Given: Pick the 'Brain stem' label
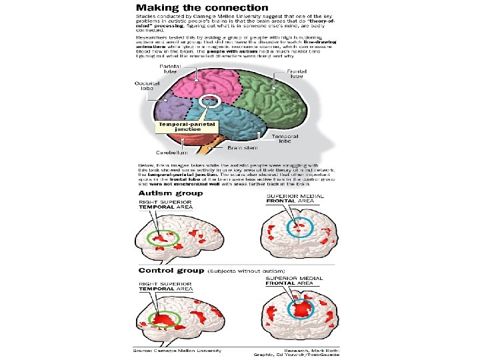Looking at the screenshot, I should [243, 147].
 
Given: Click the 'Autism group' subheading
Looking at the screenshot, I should [170, 193].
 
